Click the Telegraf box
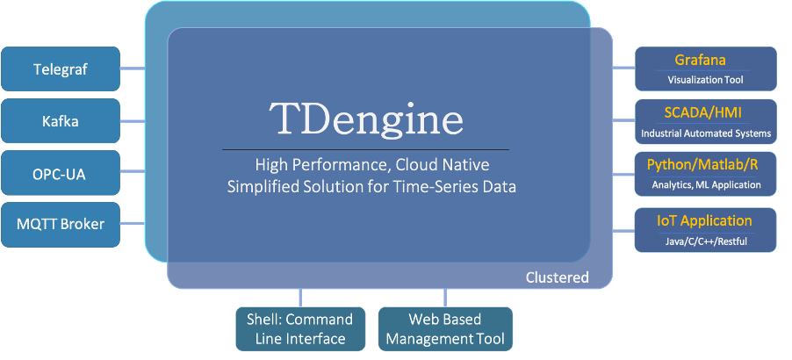tap(61, 68)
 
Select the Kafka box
tap(61, 120)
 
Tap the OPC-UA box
tap(61, 173)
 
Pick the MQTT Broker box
tap(61, 224)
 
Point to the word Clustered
tap(557, 277)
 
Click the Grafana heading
tap(700, 61)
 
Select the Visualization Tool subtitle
tap(705, 80)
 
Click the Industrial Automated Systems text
tap(705, 134)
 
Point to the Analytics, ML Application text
tap(705, 185)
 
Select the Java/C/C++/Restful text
tap(705, 241)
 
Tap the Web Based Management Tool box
tap(445, 329)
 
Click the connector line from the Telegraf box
tap(132, 68)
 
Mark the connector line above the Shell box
tap(301, 298)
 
